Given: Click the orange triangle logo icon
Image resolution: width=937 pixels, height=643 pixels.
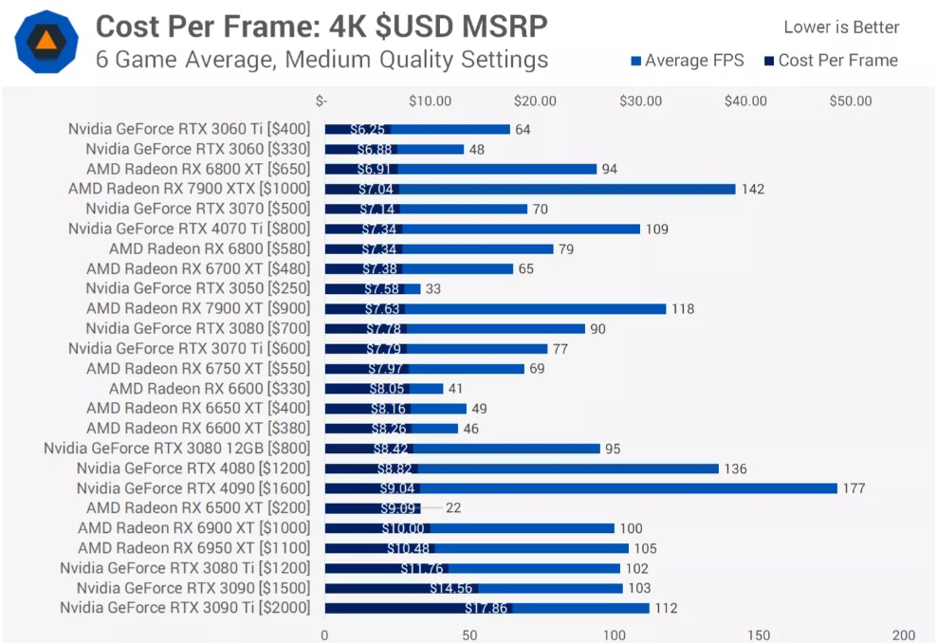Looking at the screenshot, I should point(46,41).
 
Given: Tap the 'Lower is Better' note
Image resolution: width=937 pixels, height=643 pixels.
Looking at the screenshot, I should point(841,28).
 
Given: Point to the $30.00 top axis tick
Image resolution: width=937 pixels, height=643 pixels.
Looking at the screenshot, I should point(640,101).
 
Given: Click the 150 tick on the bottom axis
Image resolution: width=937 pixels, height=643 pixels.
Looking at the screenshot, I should point(759,634).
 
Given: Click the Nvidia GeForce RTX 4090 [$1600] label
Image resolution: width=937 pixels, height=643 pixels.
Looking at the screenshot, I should point(193,488).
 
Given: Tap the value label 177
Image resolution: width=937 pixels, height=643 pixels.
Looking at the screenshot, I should point(854,488).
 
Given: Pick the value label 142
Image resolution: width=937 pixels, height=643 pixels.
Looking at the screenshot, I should point(752,190).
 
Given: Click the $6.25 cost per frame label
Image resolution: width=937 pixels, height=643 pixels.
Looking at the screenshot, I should point(367,130).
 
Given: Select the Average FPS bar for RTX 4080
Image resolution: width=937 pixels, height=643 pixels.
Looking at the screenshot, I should point(569,468).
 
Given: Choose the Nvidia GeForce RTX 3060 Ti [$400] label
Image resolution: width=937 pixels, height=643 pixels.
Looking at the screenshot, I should point(189,130).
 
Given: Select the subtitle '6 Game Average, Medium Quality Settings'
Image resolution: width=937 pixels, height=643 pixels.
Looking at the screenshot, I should point(322,59).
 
